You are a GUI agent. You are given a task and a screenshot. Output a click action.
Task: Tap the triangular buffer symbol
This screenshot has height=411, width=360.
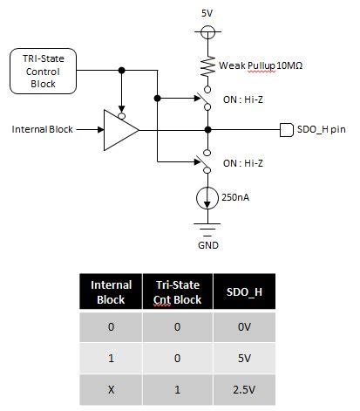[120, 130]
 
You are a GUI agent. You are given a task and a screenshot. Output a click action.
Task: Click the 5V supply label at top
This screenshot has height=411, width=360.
[207, 14]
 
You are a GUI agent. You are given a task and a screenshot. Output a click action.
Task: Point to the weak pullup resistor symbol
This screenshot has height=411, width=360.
[207, 67]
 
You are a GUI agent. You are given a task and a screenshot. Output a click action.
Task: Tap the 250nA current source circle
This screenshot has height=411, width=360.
[207, 198]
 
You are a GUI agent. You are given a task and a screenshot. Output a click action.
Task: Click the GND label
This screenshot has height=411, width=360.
[207, 245]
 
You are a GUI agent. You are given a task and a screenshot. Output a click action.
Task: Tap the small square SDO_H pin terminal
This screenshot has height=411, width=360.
[284, 130]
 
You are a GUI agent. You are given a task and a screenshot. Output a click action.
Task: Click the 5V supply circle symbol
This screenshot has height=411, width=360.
[207, 34]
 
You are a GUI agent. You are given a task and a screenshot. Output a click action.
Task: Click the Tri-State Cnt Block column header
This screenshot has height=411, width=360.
[178, 292]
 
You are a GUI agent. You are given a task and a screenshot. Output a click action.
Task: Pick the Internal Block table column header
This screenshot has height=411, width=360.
[112, 292]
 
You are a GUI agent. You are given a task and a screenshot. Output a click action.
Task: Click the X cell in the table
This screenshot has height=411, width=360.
[112, 391]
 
